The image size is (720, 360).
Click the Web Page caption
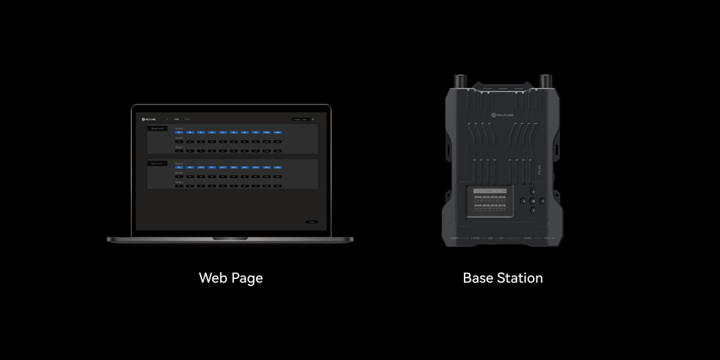coord(231,278)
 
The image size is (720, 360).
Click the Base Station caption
coord(503,278)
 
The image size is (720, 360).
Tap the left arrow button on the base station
coord(523,201)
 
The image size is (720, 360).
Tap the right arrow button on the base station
coord(542,201)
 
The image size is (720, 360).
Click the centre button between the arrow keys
coord(532,201)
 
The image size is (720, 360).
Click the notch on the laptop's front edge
coord(230,238)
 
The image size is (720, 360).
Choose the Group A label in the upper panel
coord(179,128)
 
